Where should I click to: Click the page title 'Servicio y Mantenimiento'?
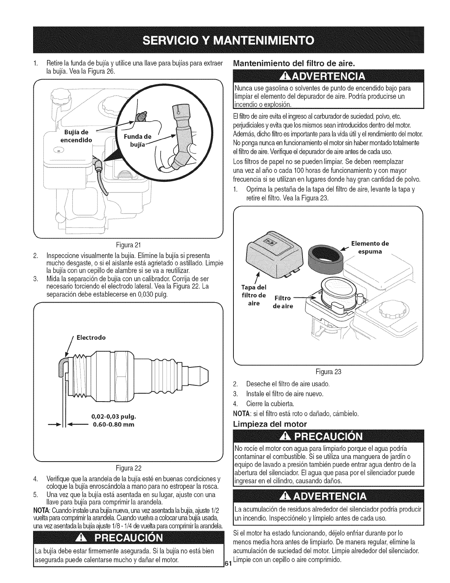(x=225, y=40)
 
